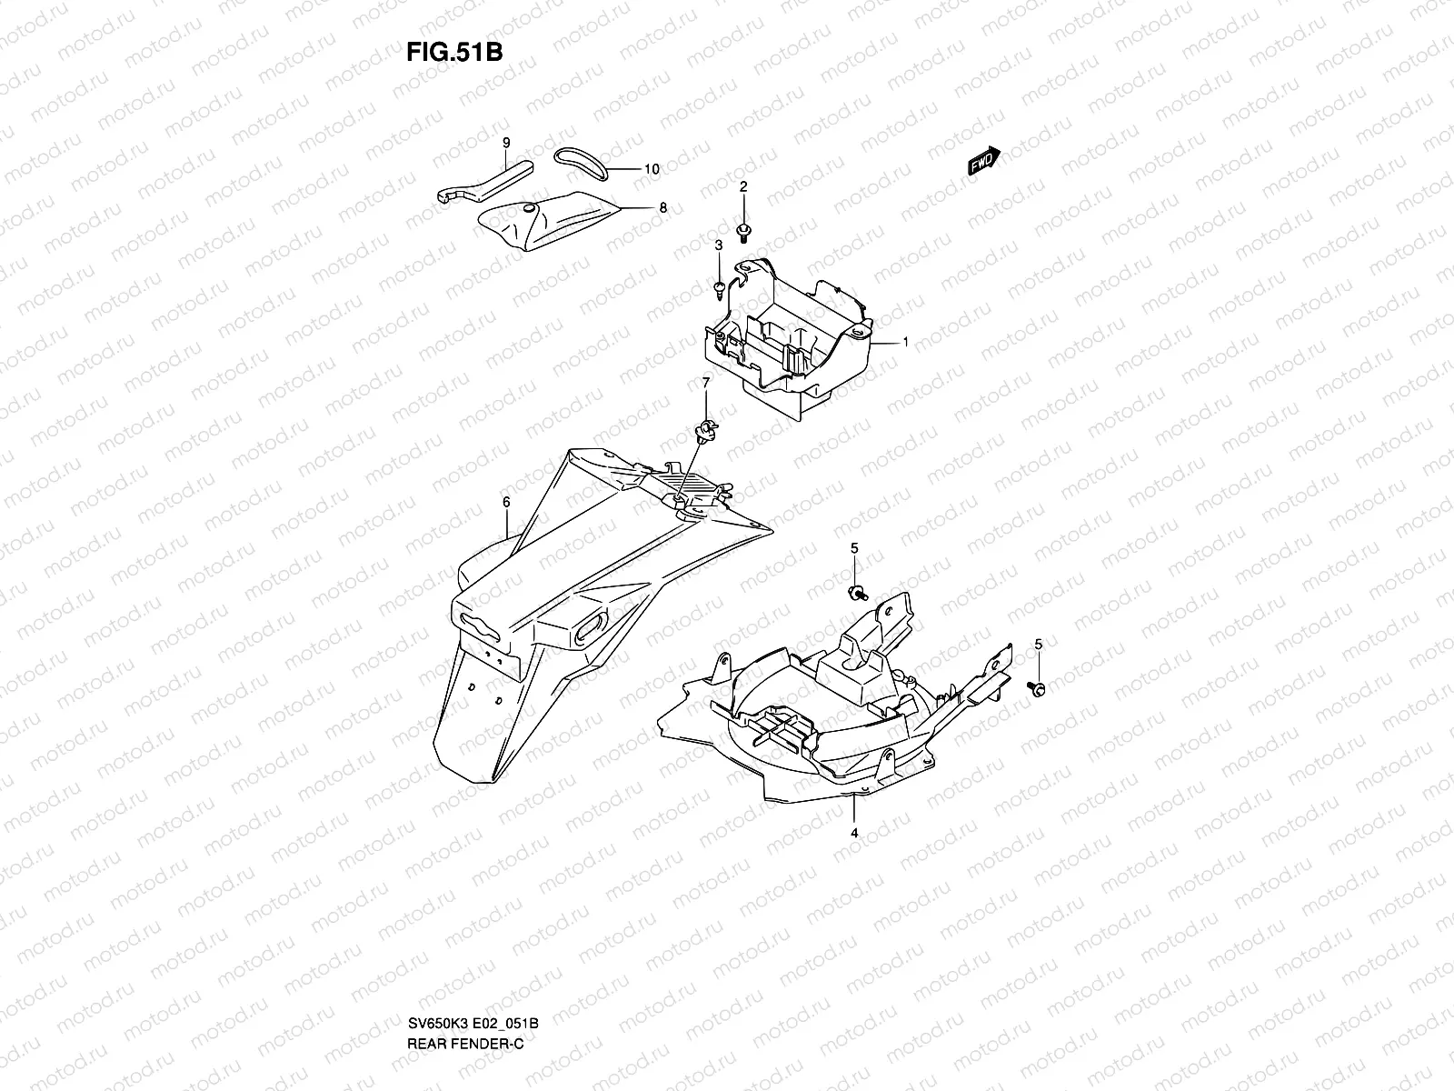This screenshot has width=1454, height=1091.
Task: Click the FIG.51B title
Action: coord(455,51)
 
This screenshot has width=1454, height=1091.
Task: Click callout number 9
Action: coord(506,142)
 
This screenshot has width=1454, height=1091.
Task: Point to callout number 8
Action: coord(663,208)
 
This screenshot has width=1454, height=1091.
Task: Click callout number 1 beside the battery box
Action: coord(905,342)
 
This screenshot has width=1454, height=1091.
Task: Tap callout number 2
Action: coord(742,186)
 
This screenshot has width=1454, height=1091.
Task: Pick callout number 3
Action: coord(718,245)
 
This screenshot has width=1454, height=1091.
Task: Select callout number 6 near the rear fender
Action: coord(506,502)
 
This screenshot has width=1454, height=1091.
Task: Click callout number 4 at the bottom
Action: coord(853,831)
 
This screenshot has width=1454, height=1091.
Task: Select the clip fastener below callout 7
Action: coord(703,428)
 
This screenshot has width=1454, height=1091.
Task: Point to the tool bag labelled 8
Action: coord(550,222)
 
